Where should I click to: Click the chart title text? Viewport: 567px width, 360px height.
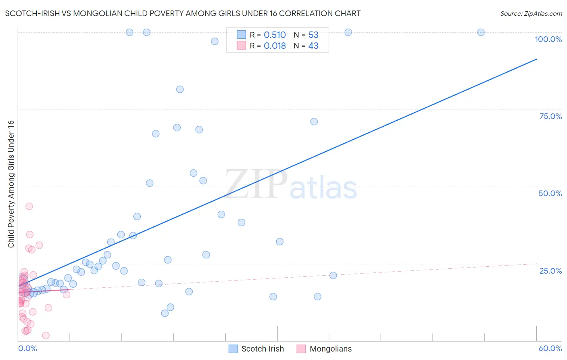click(183, 13)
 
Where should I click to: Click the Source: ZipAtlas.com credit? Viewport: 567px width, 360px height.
click(531, 13)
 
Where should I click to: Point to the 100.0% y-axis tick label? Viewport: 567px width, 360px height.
click(548, 39)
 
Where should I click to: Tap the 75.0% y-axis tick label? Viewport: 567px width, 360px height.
click(550, 116)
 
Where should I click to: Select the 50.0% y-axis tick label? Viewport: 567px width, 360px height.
click(550, 193)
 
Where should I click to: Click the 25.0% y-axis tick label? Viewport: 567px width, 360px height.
click(550, 270)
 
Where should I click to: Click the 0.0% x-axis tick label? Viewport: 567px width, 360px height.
click(27, 348)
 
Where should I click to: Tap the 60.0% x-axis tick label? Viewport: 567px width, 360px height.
click(550, 348)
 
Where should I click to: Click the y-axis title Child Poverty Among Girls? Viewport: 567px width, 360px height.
click(11, 184)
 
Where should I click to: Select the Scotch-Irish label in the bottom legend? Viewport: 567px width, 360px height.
click(263, 349)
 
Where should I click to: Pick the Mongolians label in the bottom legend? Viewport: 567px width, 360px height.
click(331, 349)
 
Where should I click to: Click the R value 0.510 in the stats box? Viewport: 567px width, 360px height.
click(275, 35)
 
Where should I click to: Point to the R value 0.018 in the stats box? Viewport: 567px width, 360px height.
click(275, 46)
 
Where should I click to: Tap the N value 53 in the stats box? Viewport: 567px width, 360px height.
click(313, 35)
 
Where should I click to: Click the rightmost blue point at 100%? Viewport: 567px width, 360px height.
click(481, 32)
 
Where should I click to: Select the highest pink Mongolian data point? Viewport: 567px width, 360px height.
click(29, 206)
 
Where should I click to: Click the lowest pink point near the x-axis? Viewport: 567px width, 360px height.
click(46, 335)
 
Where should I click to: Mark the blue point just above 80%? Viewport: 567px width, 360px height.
click(180, 89)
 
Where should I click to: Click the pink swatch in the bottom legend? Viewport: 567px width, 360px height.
click(301, 349)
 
